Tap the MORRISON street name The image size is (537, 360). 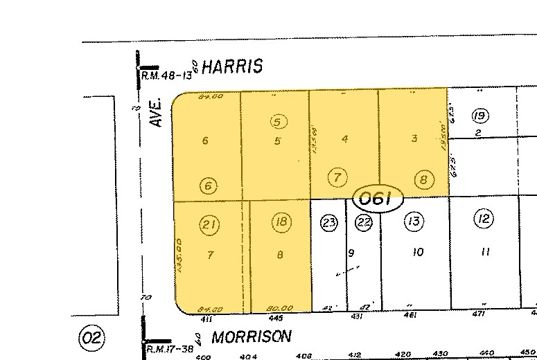(252, 336)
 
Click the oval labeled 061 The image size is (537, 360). (378, 200)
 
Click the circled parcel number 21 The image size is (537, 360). (209, 223)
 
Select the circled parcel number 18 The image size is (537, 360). (281, 222)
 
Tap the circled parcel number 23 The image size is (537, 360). (329, 222)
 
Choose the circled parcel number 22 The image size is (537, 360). (364, 222)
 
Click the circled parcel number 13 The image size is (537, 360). (414, 222)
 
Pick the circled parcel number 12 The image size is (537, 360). (484, 220)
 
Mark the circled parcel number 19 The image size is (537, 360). (479, 116)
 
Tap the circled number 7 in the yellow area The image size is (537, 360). (337, 177)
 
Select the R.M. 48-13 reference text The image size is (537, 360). (167, 75)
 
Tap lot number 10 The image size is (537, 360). (417, 253)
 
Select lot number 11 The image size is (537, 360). (484, 252)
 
